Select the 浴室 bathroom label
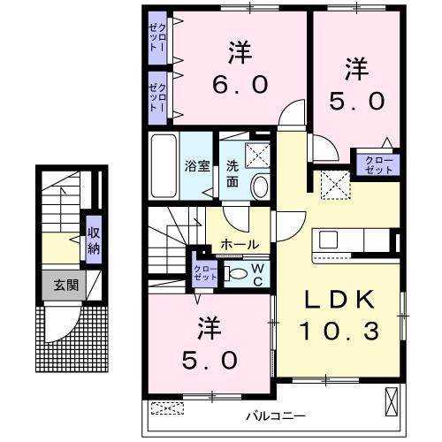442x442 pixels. [x=196, y=165]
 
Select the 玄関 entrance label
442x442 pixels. [x=59, y=285]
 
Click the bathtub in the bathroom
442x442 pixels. [x=164, y=166]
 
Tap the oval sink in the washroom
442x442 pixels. [x=260, y=184]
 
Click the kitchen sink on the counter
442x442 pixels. [x=329, y=239]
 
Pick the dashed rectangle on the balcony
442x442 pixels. [x=168, y=408]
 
